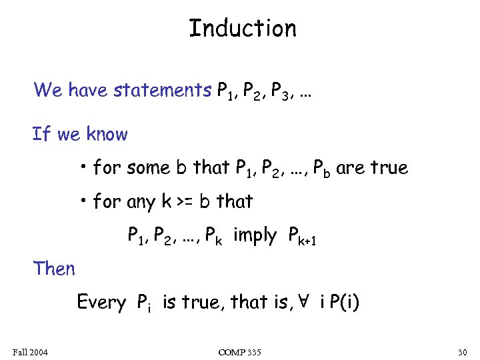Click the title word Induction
click(x=243, y=29)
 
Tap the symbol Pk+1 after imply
click(x=302, y=236)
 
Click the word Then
click(x=55, y=269)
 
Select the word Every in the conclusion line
click(x=101, y=303)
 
